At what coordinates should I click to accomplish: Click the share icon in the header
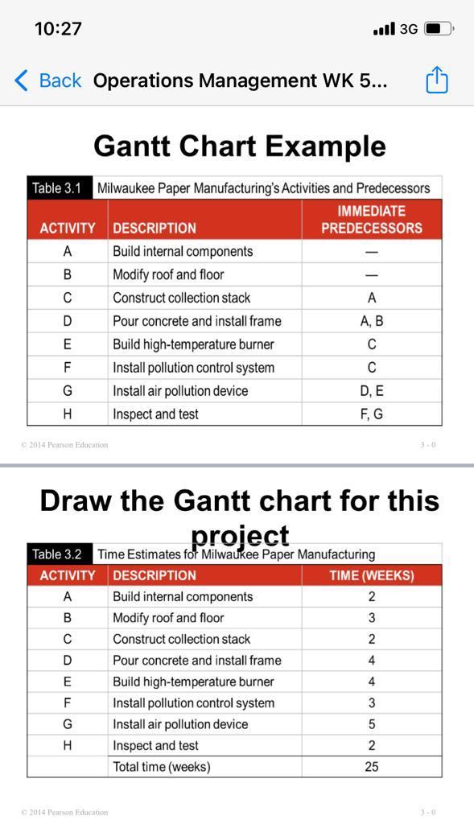436,80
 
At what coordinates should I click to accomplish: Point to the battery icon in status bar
438,29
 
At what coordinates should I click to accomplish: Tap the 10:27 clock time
58,29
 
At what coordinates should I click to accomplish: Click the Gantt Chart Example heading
240,146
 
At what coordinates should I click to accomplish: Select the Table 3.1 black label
57,188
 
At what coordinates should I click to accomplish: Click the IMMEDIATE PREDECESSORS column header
371,220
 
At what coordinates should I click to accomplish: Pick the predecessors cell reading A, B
371,321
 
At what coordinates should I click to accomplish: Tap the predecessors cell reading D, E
371,391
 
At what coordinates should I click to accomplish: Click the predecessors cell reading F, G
371,414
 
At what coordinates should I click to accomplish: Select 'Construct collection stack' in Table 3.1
181,298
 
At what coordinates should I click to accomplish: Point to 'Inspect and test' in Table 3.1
155,414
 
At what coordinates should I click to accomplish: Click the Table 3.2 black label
57,554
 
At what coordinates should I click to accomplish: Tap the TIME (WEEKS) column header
371,575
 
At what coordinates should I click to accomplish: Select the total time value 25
371,767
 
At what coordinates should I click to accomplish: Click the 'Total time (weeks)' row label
161,767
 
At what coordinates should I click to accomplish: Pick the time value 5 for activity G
371,724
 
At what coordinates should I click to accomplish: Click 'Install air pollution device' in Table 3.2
180,724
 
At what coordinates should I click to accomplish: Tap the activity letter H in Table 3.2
68,745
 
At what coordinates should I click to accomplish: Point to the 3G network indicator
408,29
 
